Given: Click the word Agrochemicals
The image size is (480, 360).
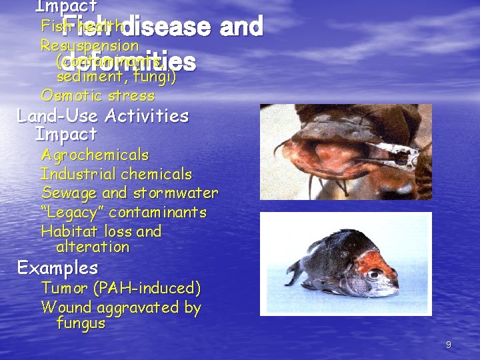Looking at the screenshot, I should point(95,155).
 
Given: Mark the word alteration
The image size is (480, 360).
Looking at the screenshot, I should point(93,247).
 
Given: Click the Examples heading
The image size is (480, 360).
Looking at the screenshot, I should point(57,269).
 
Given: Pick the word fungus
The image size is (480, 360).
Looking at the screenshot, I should point(81,324).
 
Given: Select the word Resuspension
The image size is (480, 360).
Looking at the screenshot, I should point(89,46).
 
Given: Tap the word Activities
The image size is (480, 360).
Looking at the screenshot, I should point(145,116).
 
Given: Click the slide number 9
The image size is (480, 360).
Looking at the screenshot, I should point(449,345).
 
